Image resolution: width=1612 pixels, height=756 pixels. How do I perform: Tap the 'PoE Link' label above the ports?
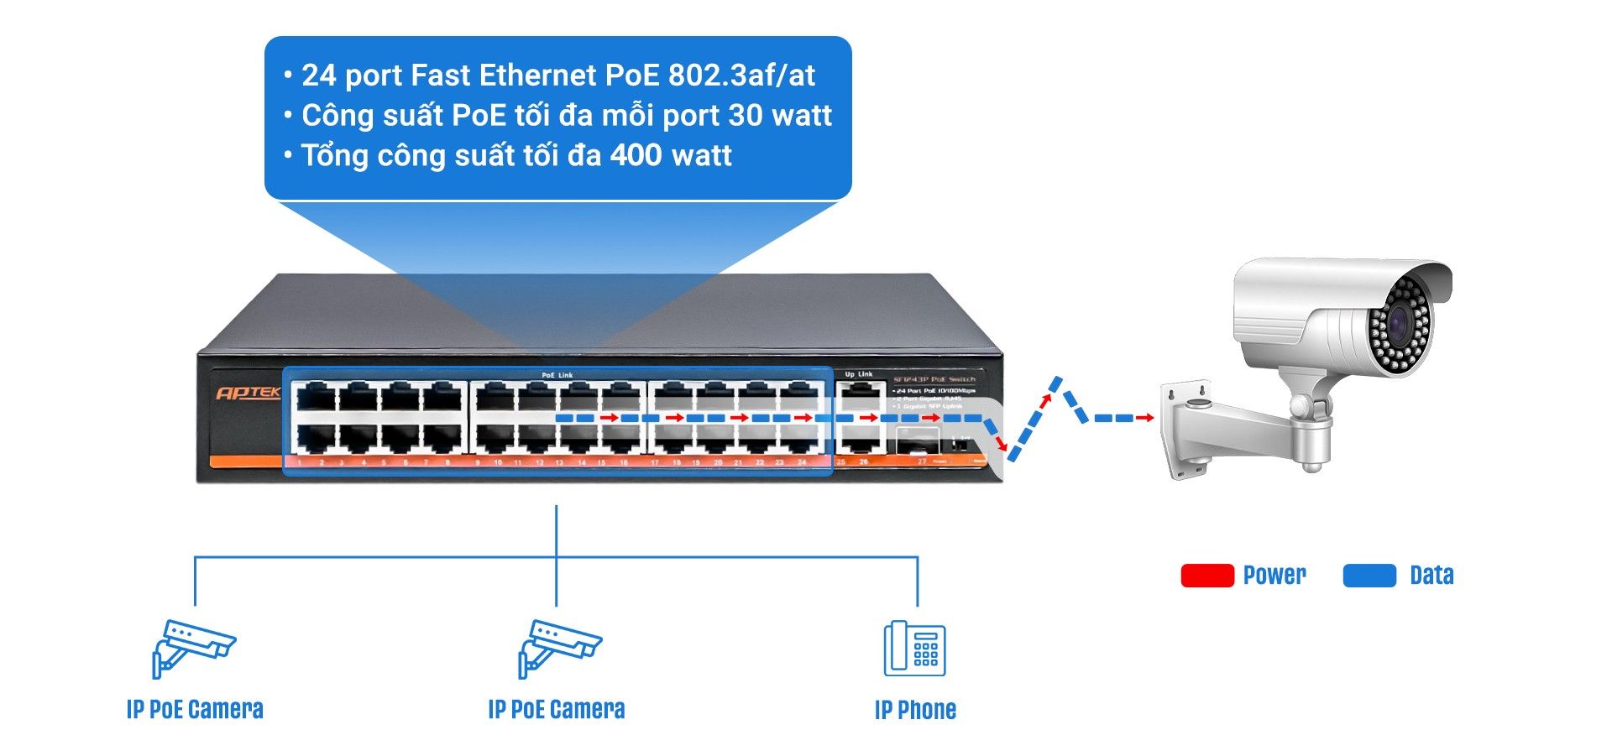coord(557,375)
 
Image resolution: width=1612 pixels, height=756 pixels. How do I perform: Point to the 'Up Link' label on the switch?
coord(858,374)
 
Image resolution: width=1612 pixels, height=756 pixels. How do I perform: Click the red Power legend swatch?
coord(1206,576)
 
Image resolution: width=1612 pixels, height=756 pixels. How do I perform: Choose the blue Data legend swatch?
coord(1369,576)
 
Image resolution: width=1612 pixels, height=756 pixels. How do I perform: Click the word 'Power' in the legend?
coord(1274,576)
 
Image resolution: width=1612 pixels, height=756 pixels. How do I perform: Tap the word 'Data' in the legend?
coord(1431,576)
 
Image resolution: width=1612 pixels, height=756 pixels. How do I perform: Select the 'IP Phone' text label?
coord(915,710)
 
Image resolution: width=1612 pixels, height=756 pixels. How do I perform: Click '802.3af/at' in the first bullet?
coord(741,76)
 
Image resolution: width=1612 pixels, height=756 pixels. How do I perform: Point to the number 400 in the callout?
coord(636,155)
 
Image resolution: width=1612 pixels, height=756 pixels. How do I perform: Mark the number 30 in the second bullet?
coord(746,116)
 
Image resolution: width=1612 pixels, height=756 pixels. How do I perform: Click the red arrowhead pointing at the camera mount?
coord(1148,418)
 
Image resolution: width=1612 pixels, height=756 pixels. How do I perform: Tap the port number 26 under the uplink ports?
coord(863,462)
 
